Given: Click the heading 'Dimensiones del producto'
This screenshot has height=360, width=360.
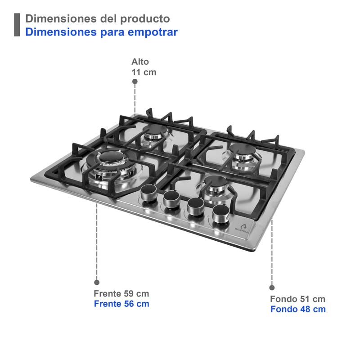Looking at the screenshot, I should click(x=98, y=19).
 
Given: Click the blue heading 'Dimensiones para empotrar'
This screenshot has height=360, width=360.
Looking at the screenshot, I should click(x=101, y=32).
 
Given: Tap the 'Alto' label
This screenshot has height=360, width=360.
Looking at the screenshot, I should click(x=140, y=62).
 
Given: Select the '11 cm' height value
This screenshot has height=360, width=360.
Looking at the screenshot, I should click(x=144, y=72).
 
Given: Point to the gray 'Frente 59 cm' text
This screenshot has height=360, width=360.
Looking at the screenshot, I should click(x=121, y=294).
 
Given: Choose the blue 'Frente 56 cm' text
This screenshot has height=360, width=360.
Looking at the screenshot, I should click(x=121, y=304).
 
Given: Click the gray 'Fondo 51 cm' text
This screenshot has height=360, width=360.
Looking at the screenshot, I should click(x=297, y=299).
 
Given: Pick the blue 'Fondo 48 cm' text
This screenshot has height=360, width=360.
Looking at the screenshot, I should click(x=298, y=309).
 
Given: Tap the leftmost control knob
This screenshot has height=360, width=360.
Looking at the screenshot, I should click(x=148, y=195).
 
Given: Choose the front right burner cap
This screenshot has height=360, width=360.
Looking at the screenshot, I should click(x=213, y=183).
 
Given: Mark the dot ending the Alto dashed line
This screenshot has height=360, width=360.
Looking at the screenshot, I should click(x=135, y=81).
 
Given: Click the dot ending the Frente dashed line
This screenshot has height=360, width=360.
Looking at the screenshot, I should click(x=96, y=282).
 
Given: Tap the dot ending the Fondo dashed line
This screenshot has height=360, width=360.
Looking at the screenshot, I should click(x=272, y=287).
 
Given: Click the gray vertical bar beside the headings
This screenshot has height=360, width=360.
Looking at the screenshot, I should click(x=17, y=25).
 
